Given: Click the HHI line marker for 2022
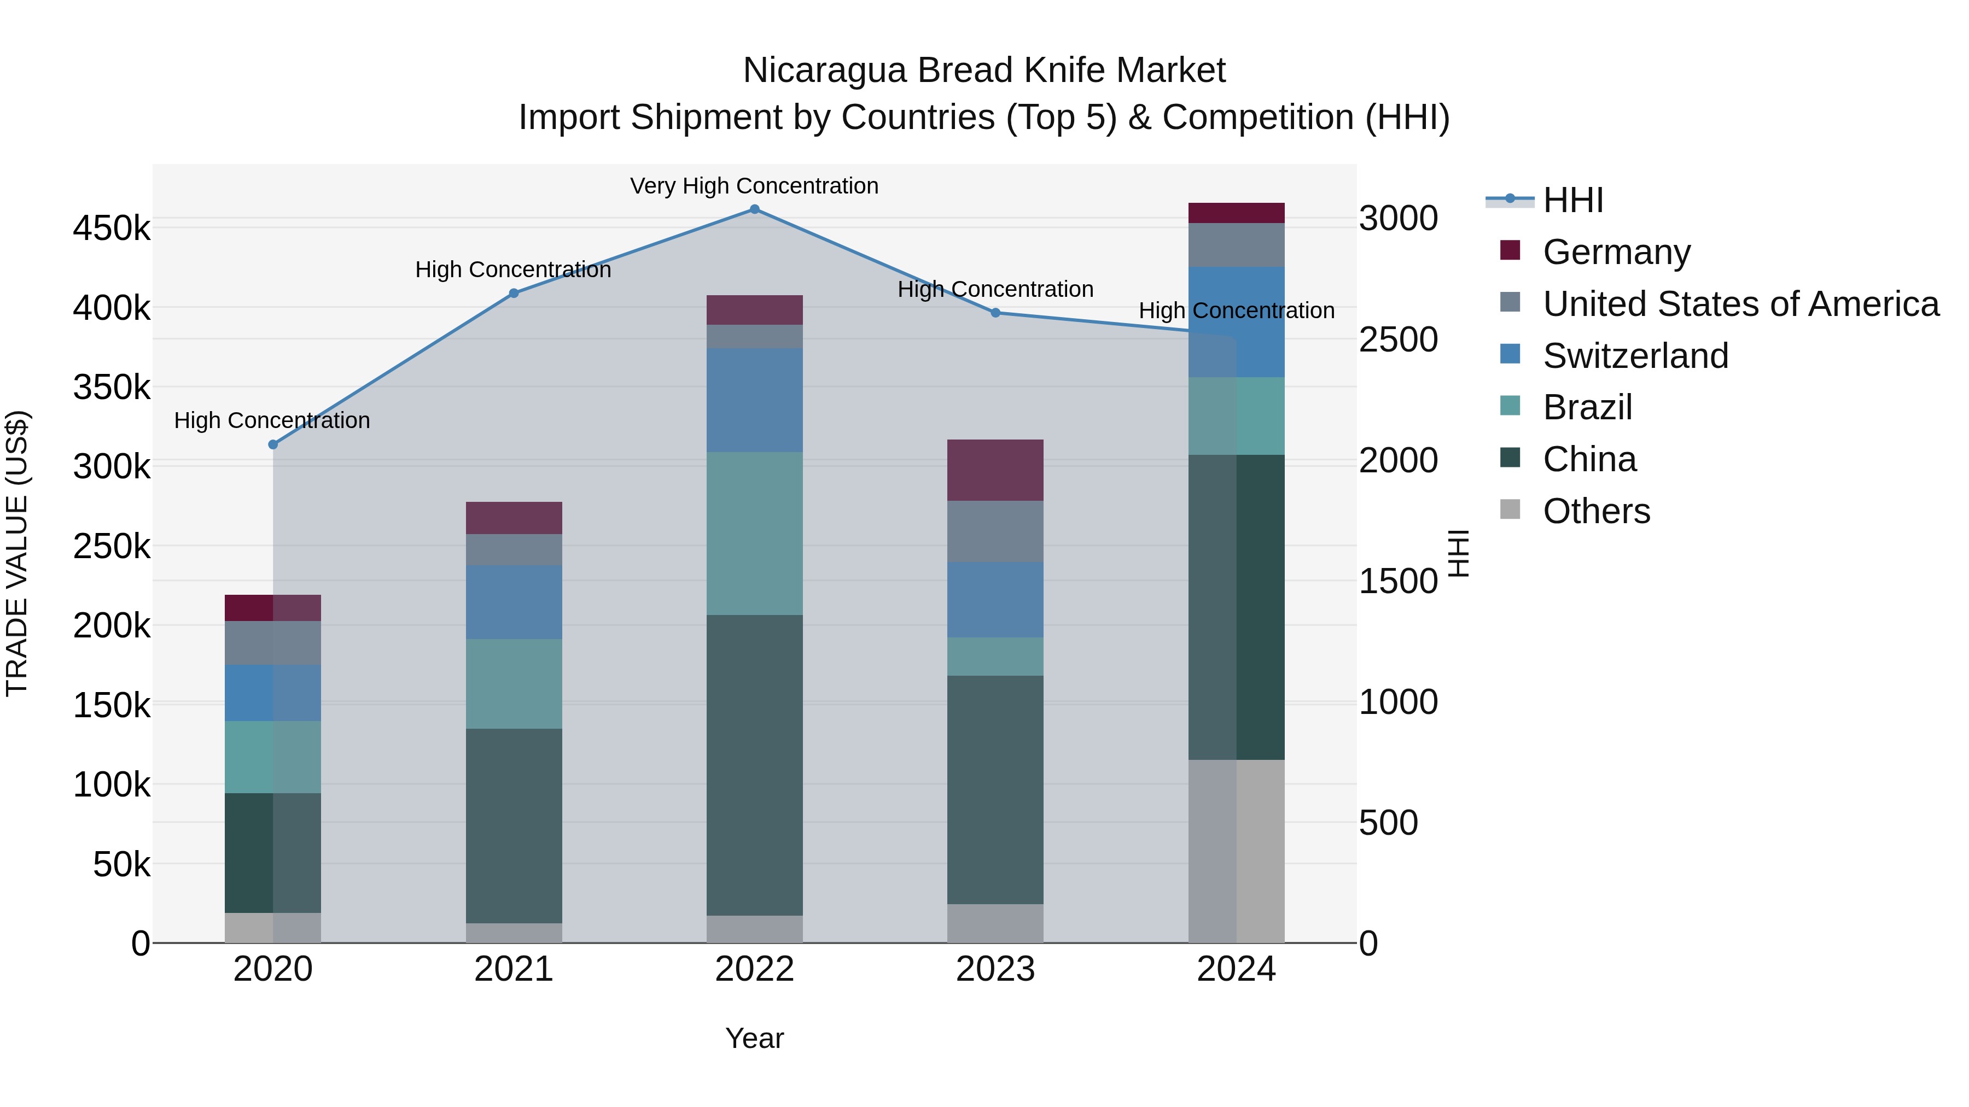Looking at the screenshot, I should (x=754, y=209).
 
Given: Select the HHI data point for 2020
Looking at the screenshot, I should (x=273, y=444).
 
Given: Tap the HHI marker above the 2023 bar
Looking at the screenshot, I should (x=995, y=313).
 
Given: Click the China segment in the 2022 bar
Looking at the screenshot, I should (x=754, y=764).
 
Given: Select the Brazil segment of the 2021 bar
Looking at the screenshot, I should (x=514, y=684).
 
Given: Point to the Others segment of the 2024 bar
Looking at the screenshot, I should (x=1236, y=851).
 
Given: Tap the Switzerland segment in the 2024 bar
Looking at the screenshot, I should (x=1236, y=321).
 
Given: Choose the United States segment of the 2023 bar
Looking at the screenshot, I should (x=995, y=532).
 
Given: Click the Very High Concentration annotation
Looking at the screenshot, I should (x=754, y=186).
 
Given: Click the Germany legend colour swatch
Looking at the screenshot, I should (x=1510, y=250).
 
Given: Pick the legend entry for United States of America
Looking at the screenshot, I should (x=1740, y=304).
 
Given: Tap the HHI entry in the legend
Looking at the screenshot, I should (x=1572, y=200).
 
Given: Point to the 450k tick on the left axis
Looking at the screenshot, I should (x=112, y=229).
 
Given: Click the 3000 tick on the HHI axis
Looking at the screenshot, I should (x=1398, y=219).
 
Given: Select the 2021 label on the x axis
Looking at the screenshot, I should (x=514, y=969).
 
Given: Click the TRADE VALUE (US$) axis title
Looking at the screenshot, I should (x=17, y=554).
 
